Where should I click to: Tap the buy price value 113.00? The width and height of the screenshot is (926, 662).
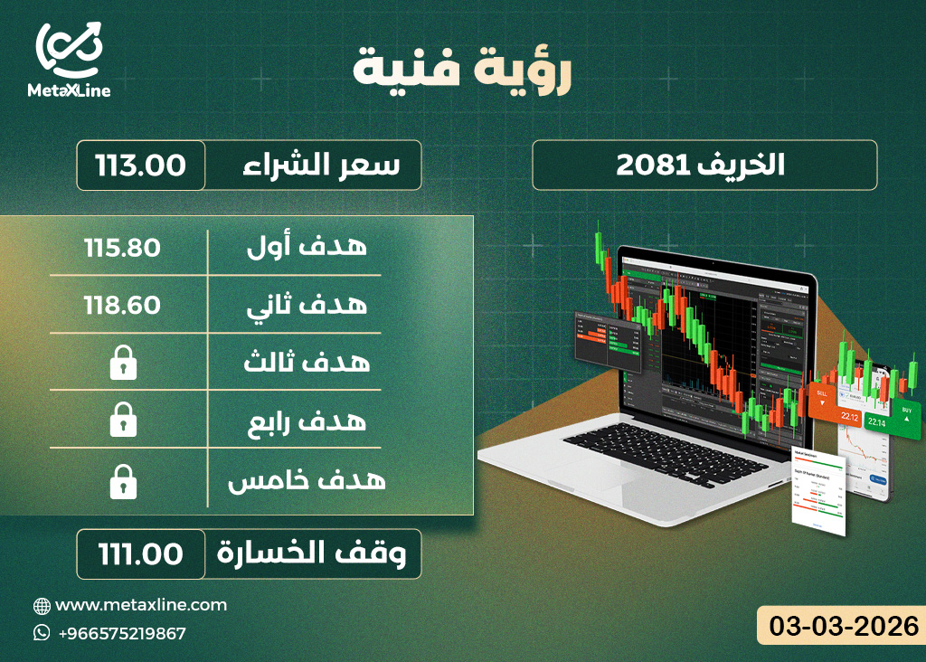pos(141,165)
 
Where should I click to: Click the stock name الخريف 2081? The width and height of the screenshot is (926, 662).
pos(704,165)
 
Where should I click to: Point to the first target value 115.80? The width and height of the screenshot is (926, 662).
pos(123,247)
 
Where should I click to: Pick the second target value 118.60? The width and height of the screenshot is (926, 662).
pos(123,305)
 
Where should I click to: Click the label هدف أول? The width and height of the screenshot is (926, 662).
pos(307,247)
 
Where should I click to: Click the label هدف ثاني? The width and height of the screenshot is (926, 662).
pos(307,305)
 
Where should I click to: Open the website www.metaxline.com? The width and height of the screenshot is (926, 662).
pos(141,605)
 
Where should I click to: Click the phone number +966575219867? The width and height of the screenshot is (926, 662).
pos(121,633)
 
